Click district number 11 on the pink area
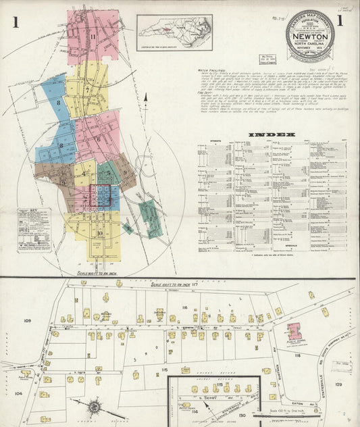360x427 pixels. pos(92,36)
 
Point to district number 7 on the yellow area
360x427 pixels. pos(88,89)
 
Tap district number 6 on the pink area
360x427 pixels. pos(98,140)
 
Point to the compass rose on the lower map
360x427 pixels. pos(94,408)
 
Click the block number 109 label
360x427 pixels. pos(28,320)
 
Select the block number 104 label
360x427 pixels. pos(18,392)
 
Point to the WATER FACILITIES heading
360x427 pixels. pos(212,88)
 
